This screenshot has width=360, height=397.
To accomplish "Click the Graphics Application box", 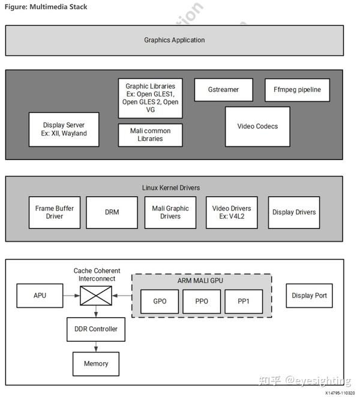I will tap(174, 40).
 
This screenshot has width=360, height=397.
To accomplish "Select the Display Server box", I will tap(64, 129).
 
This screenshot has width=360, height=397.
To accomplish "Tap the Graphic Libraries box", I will tap(150, 98).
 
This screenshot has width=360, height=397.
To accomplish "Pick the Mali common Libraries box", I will tap(150, 135).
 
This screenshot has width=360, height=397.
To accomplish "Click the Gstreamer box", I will tap(223, 90).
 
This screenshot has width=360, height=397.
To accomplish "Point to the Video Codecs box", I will tap(257, 127).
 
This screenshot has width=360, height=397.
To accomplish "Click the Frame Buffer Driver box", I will tap(54, 212).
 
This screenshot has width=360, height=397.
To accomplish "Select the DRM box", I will tap(112, 212).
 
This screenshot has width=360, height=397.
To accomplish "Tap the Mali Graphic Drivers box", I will tap(170, 212).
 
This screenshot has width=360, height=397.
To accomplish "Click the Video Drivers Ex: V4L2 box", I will tap(232, 212).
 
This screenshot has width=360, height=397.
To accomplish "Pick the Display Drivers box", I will tap(293, 212).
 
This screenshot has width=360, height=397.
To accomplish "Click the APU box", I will tap(40, 296).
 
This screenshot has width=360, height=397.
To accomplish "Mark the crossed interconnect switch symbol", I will tap(96, 296).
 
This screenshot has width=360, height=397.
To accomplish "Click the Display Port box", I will tap(309, 296).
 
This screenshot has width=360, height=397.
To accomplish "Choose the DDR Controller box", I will tap(96, 329).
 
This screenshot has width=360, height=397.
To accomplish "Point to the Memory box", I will tap(96, 363).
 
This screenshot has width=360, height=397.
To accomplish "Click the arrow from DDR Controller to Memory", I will tap(96, 346).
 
